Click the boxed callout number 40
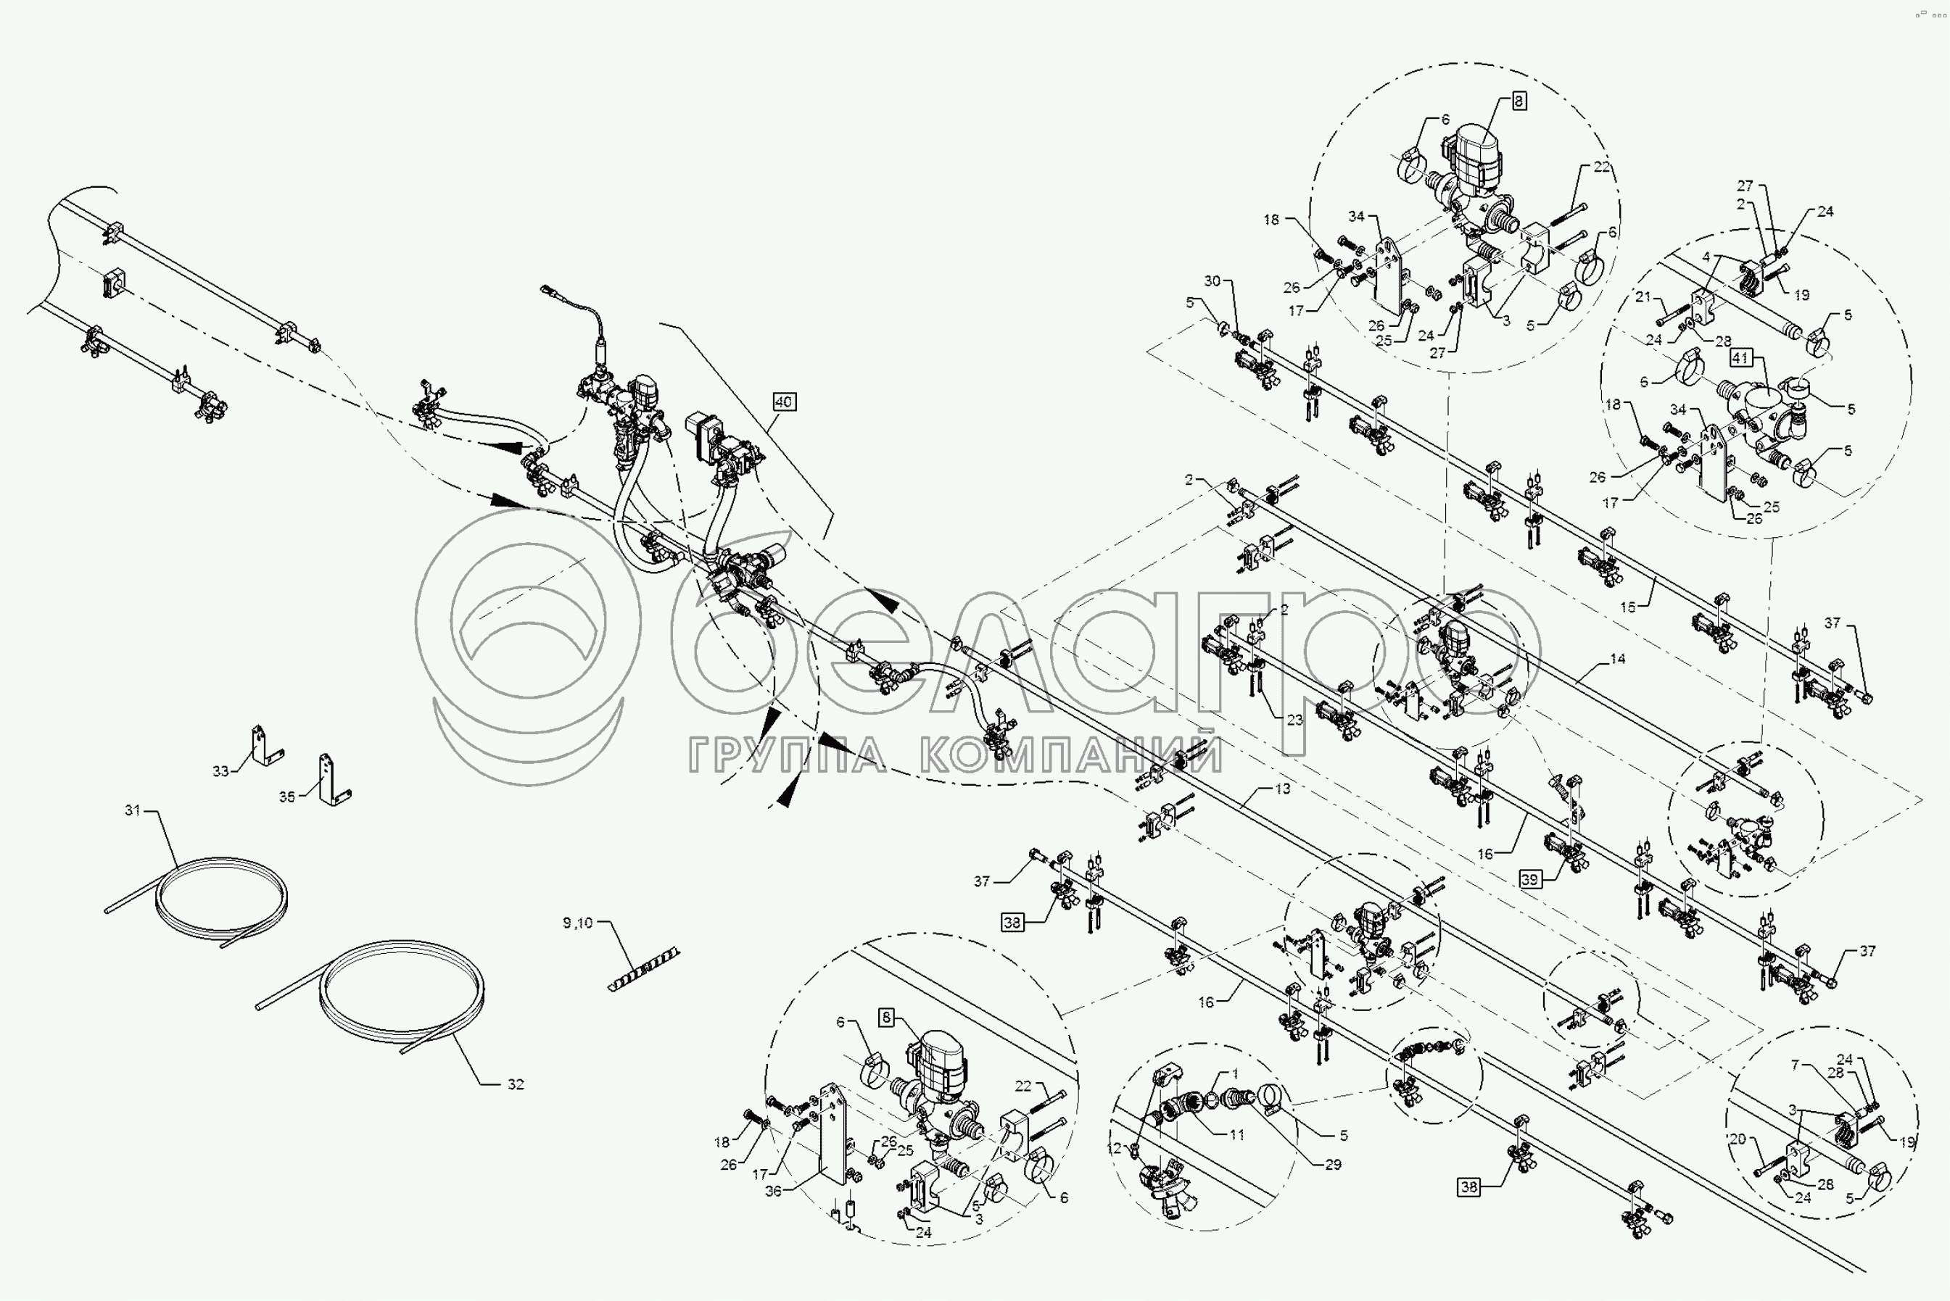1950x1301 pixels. tap(784, 402)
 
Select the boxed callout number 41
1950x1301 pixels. tap(1740, 359)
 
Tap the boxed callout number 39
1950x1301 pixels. tap(1530, 879)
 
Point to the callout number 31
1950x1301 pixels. tap(133, 810)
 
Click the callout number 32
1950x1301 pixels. tap(516, 1084)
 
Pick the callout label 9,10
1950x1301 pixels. tap(578, 923)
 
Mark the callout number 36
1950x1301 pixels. tap(773, 1192)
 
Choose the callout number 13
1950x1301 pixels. tap(1283, 789)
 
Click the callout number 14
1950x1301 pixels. tap(1617, 659)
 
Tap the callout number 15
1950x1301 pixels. tap(1628, 607)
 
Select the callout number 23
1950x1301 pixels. tap(1295, 720)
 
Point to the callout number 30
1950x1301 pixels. tap(1212, 281)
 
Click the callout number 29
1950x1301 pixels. tap(1333, 1164)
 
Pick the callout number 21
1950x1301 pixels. tap(1643, 296)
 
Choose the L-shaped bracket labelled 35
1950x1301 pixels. tap(332, 780)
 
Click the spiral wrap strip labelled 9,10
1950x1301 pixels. tap(644, 969)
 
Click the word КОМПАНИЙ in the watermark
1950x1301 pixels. tap(1072, 755)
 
